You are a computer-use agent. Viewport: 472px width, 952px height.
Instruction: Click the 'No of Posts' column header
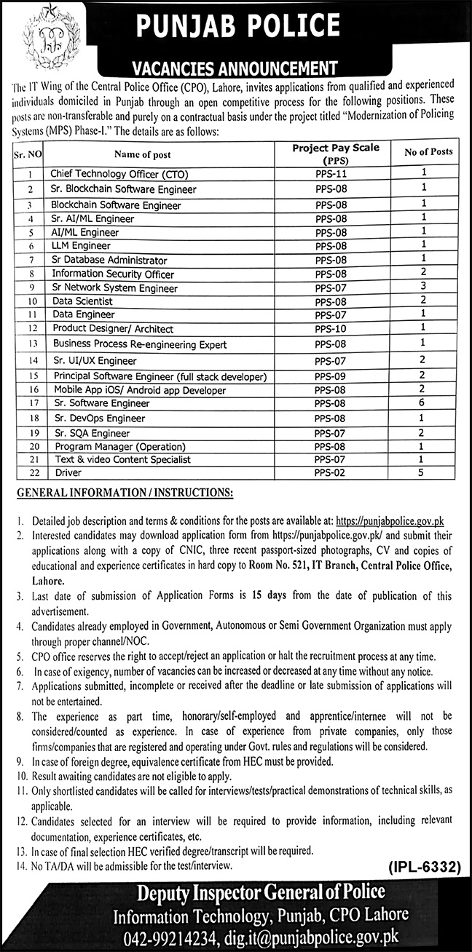tap(428, 152)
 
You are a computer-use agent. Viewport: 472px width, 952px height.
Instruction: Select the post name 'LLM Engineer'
tap(81, 246)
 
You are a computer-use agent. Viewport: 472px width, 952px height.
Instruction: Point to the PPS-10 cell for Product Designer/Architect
tap(331, 328)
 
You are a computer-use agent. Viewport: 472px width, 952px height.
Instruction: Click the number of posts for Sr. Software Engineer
tap(422, 402)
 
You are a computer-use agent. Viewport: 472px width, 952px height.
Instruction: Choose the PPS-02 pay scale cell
tap(331, 473)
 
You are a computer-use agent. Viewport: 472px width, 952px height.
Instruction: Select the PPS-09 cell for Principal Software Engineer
tap(331, 376)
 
